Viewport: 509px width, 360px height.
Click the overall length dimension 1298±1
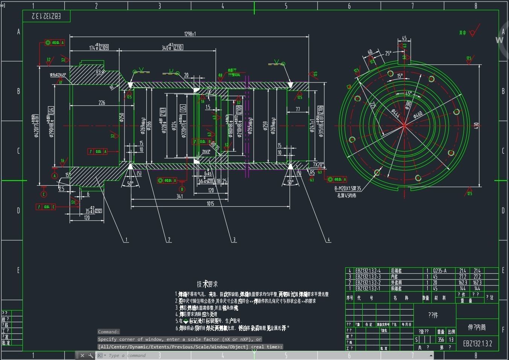190,34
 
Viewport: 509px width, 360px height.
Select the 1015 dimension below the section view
210,204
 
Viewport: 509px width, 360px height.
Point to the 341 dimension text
180,196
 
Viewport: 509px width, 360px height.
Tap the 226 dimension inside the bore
102,102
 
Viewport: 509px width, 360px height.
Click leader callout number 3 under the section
234,239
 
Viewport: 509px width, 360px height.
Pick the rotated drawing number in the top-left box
46,16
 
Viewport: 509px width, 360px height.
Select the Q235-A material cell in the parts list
439,271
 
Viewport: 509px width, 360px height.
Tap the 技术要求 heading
207,284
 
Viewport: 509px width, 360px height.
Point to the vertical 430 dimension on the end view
476,125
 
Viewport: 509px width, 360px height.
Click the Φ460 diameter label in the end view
418,114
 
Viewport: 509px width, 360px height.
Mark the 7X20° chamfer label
318,165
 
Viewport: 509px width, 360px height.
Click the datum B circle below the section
182,189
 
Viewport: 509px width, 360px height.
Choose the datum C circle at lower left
44,194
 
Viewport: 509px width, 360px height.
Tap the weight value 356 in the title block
441,340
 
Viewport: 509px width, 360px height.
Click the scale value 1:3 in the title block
451,340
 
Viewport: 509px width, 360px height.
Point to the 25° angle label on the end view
388,53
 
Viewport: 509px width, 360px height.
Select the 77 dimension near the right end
298,109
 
